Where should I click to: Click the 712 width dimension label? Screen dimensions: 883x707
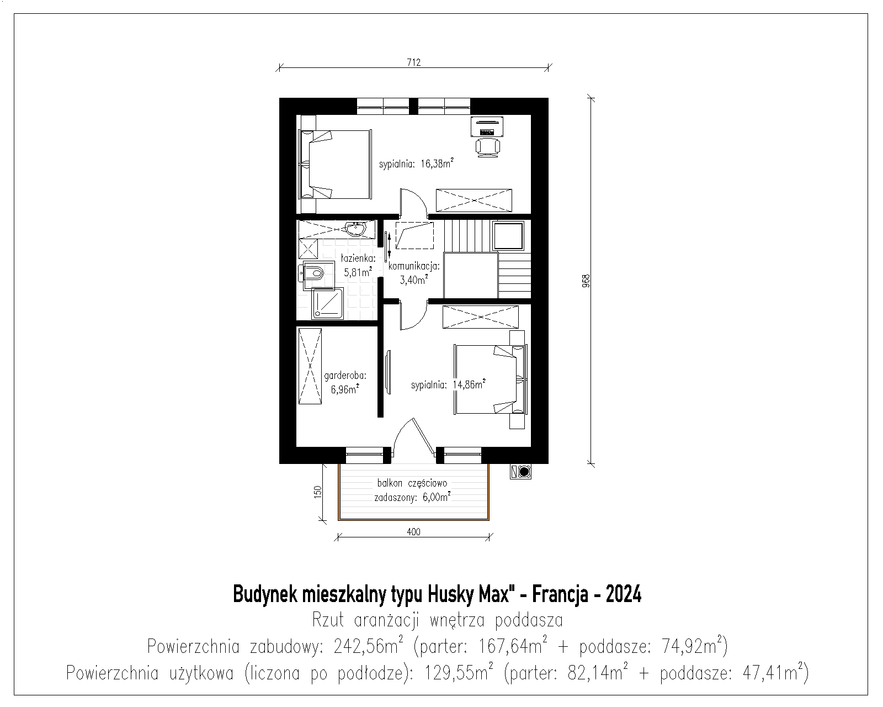click(413, 62)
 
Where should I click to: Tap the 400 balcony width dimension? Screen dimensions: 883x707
click(413, 532)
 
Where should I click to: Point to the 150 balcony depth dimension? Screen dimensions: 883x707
click(317, 492)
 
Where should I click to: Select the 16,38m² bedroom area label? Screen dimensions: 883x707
click(416, 164)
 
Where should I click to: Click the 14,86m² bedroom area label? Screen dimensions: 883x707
click(449, 385)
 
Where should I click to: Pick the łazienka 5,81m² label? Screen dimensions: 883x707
click(358, 265)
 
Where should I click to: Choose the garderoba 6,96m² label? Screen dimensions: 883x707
click(345, 382)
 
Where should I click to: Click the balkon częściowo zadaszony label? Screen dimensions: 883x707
click(412, 490)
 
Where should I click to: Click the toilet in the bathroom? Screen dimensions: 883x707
click(312, 272)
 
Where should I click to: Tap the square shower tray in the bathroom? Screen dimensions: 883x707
click(327, 303)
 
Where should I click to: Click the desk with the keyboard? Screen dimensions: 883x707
click(487, 126)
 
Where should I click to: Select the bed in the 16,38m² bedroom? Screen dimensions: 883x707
click(335, 165)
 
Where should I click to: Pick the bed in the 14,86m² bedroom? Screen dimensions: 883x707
click(490, 379)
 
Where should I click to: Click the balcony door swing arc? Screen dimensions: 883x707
click(400, 431)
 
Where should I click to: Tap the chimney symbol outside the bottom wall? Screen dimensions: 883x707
click(520, 472)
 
